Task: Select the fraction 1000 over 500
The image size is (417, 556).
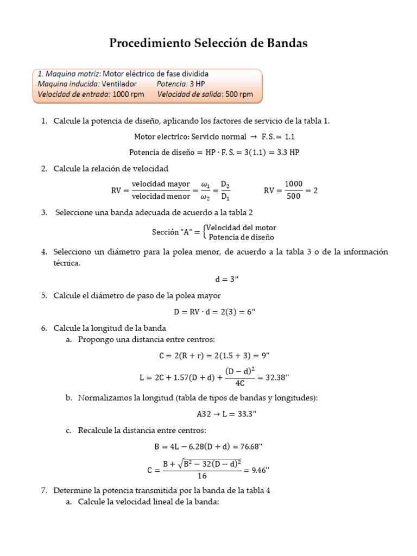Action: click(x=294, y=190)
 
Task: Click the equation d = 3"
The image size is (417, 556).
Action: click(x=227, y=280)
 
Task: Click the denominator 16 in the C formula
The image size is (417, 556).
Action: click(x=202, y=476)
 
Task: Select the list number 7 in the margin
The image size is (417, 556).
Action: click(x=44, y=490)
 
